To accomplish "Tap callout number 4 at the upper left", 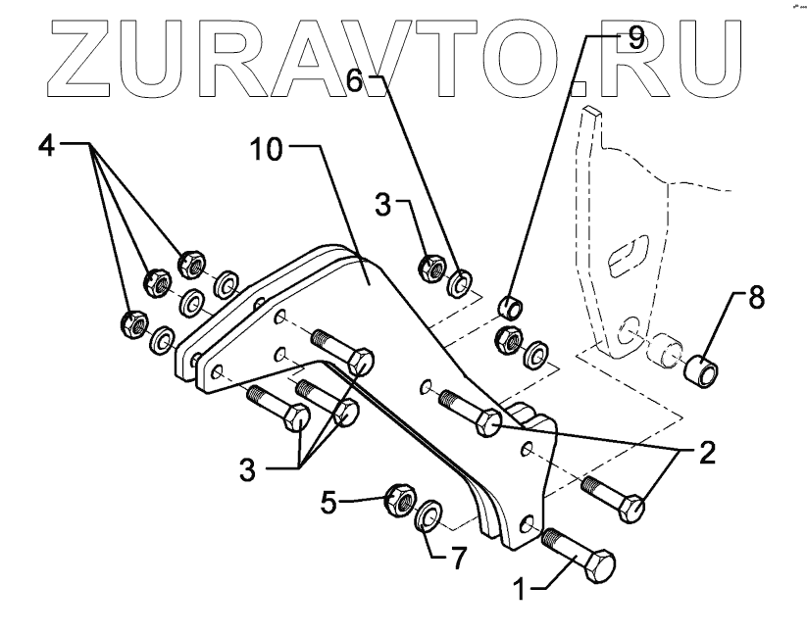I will tap(45, 146).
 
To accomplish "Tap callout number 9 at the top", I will tap(635, 39).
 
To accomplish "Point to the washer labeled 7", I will tap(429, 516).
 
